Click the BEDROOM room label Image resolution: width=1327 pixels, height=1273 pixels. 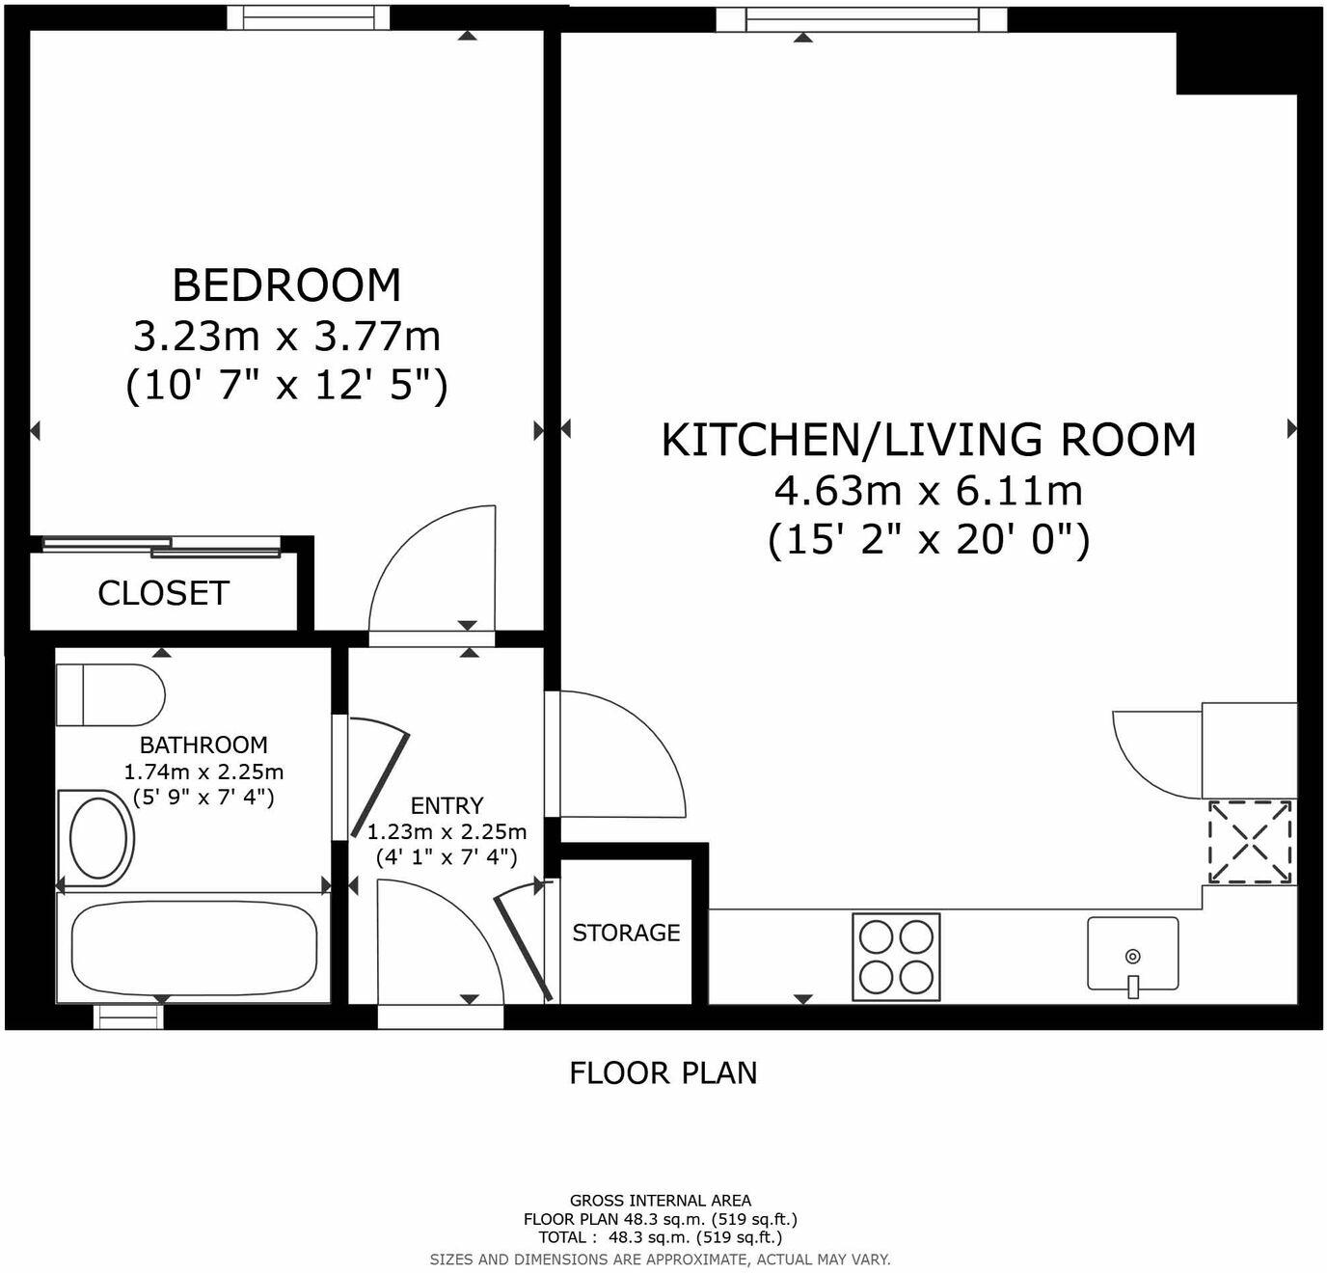286,285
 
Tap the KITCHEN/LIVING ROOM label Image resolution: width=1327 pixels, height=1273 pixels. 928,440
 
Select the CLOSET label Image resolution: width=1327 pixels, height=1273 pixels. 163,593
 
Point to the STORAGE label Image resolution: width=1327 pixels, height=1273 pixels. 626,933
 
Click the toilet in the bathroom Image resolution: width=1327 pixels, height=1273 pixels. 111,694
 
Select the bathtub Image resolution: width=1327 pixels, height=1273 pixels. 194,947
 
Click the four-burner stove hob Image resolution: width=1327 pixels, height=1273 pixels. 896,957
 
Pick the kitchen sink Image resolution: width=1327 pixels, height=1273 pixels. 1132,954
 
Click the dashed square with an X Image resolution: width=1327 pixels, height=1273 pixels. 1250,841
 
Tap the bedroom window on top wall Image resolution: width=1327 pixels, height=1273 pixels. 308,17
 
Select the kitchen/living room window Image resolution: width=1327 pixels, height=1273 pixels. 861,18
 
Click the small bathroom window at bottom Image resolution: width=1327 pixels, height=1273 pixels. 127,1016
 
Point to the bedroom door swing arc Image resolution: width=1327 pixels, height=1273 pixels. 432,569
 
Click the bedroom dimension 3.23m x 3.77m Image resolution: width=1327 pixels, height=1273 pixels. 286,337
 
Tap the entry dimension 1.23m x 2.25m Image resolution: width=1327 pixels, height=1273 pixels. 447,831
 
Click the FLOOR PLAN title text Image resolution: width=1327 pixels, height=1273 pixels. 663,1072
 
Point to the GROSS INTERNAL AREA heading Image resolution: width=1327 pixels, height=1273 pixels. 660,1201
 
